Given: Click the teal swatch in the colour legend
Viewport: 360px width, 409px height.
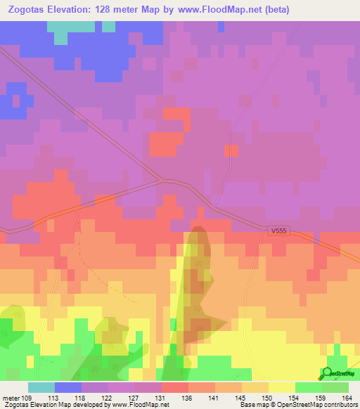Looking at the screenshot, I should coord(41,387).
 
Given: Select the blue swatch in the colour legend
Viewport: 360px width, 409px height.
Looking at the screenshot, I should coord(68,387).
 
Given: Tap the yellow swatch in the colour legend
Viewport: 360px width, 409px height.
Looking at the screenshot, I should coord(282,387).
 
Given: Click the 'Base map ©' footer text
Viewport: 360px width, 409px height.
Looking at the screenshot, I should coord(257,405).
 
